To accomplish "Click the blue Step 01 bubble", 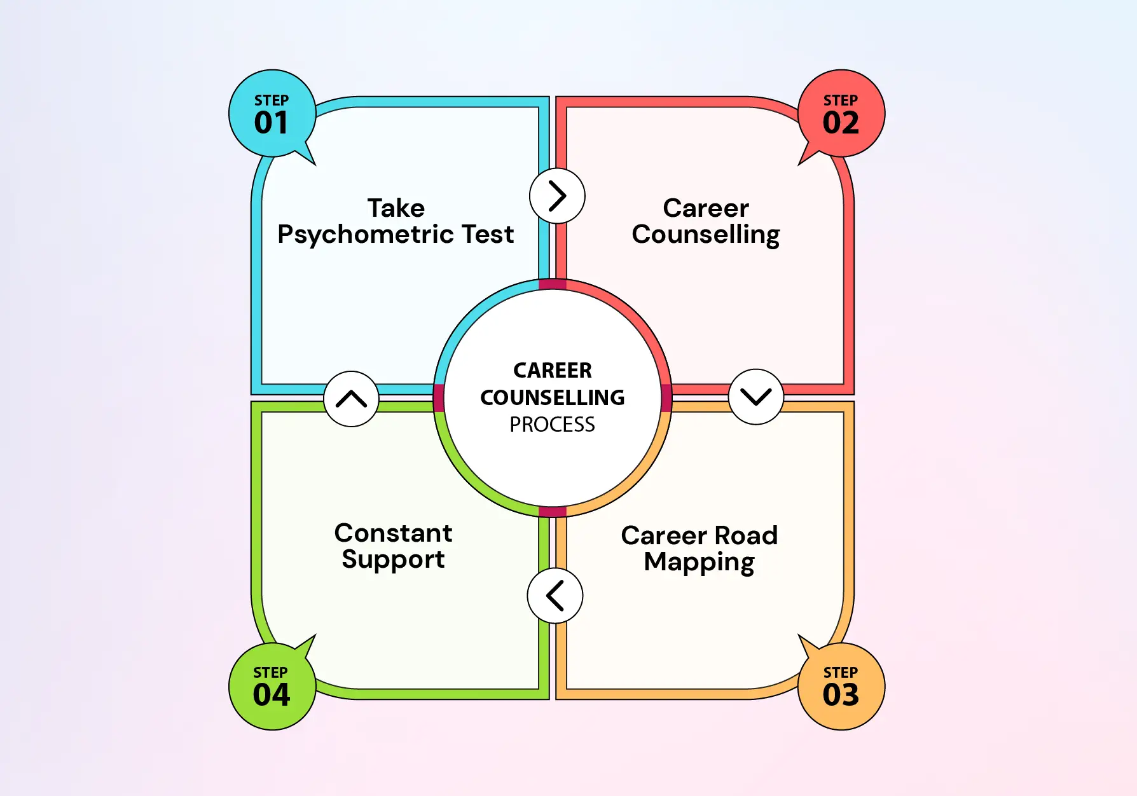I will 272,114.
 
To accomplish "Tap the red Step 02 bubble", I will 841,114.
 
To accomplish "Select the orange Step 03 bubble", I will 841,686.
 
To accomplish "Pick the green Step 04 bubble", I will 272,686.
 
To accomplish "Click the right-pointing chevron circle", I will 557,196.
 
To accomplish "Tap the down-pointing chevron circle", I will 755,397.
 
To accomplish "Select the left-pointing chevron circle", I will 555,596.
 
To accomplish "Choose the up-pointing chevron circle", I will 351,399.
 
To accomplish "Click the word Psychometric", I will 366,235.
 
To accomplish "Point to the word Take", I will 396,208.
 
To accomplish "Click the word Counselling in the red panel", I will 705,235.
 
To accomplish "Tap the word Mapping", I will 699,563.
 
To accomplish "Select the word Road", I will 746,535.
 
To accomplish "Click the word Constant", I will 393,533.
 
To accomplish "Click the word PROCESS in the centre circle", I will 552,425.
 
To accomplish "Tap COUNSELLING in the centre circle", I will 552,397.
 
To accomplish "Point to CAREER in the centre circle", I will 552,370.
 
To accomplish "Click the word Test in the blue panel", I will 488,235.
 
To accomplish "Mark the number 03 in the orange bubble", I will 841,695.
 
